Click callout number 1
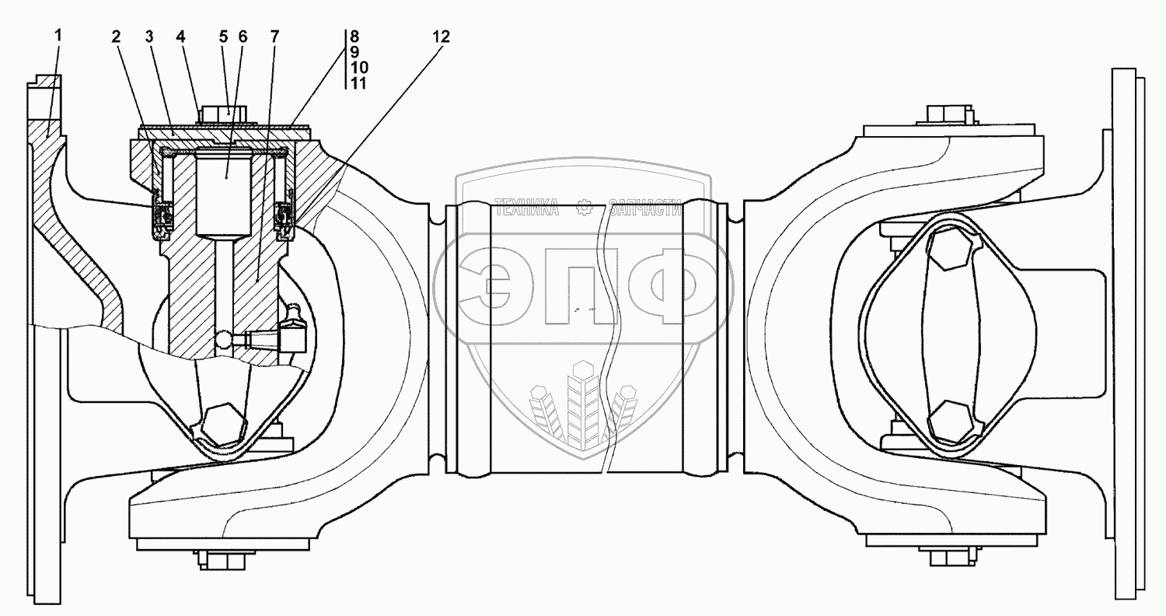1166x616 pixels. coord(58,36)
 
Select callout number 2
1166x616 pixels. coord(116,36)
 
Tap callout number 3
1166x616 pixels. coord(148,36)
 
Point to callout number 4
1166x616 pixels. coord(180,36)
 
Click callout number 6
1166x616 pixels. coord(243,36)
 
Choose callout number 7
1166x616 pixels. coord(274,36)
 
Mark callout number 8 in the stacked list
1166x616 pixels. coord(354,36)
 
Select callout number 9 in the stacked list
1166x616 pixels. coord(354,51)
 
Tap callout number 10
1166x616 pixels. coord(358,68)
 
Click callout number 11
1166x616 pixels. coord(358,83)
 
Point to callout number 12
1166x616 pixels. coord(441,36)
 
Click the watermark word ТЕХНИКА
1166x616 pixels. coord(526,207)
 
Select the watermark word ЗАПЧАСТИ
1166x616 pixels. coord(644,207)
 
